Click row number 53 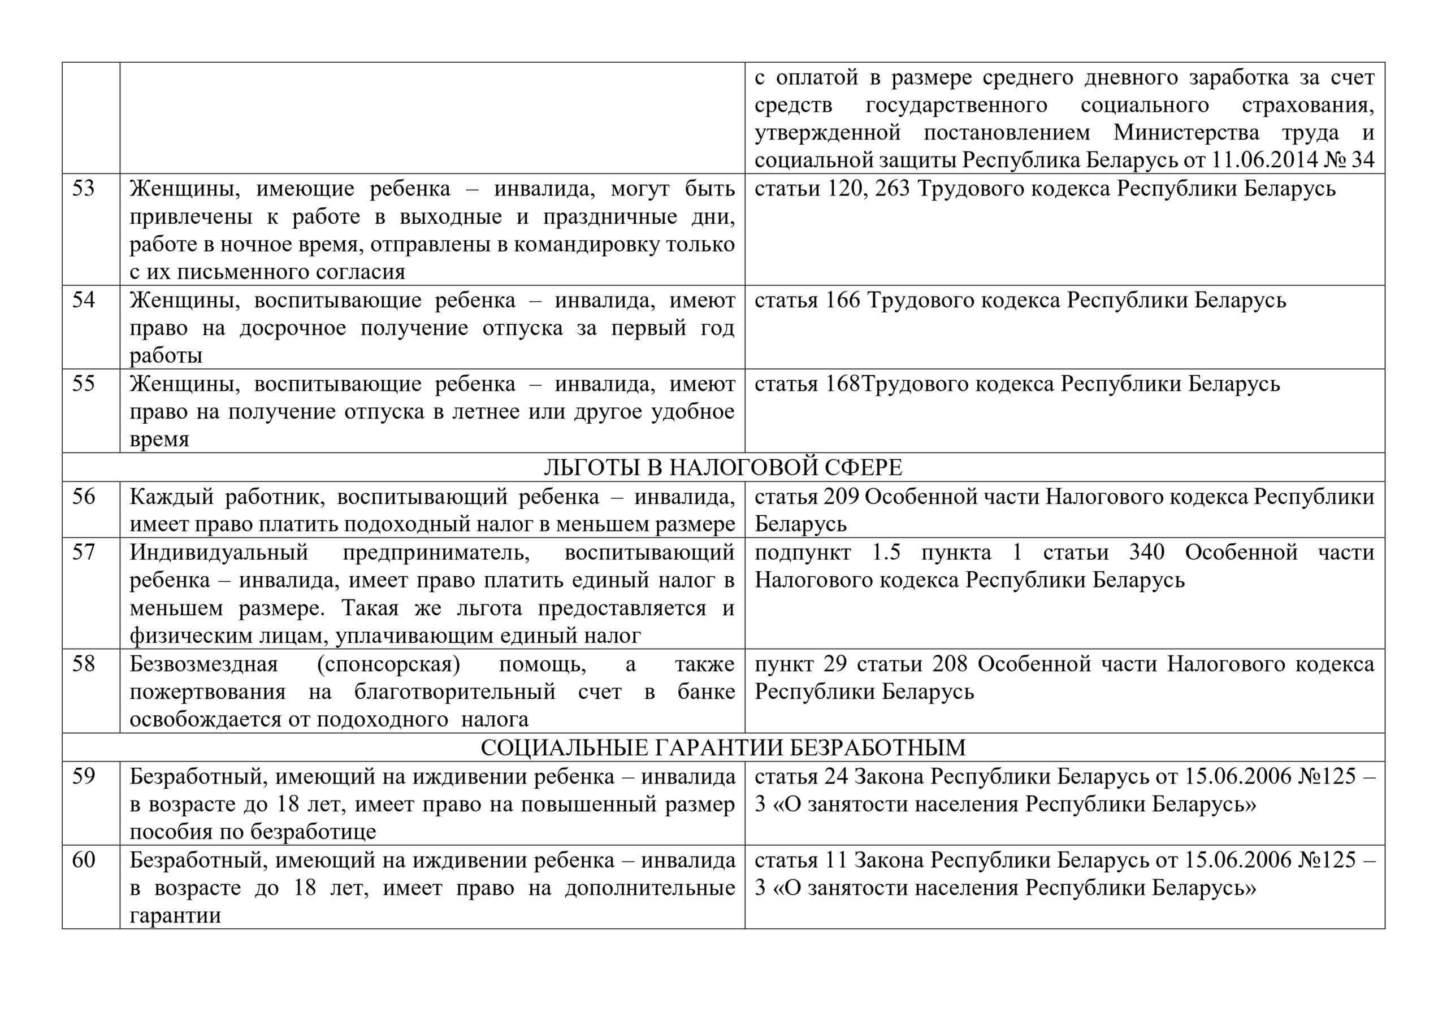pyautogui.click(x=83, y=188)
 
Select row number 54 pyautogui.click(x=83, y=300)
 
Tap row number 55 pyautogui.click(x=83, y=384)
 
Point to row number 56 pyautogui.click(x=83, y=497)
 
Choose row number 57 pyautogui.click(x=83, y=552)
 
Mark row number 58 pyautogui.click(x=83, y=663)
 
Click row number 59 pyautogui.click(x=83, y=776)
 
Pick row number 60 pyautogui.click(x=83, y=859)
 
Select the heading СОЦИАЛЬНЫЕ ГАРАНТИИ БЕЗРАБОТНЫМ pyautogui.click(x=723, y=748)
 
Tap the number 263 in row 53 pyautogui.click(x=893, y=188)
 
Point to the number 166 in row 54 pyautogui.click(x=843, y=300)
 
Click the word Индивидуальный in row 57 pyautogui.click(x=219, y=553)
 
